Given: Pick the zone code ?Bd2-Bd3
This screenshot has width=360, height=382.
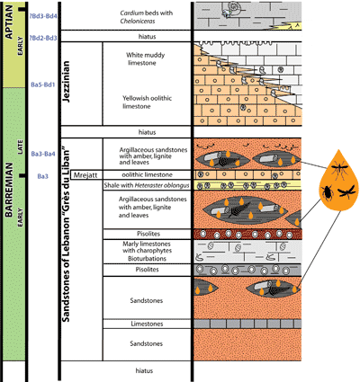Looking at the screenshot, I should pos(44,38).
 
